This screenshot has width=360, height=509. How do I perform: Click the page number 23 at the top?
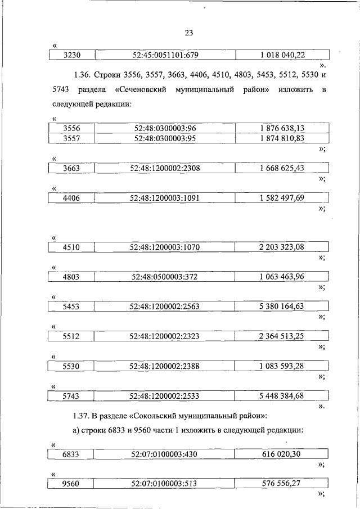(188, 32)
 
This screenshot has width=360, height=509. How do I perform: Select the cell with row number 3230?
(71, 55)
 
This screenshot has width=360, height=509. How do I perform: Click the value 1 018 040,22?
(282, 55)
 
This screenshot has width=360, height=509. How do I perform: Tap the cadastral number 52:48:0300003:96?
(165, 128)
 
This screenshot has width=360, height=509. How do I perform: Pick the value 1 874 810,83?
(282, 138)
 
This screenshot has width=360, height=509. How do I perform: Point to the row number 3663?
(71, 168)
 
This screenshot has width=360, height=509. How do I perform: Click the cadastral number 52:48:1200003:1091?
(165, 197)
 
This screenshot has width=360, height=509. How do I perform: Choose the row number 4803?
(71, 276)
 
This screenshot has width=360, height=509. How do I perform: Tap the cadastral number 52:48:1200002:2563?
(165, 306)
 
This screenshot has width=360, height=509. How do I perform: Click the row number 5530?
(71, 366)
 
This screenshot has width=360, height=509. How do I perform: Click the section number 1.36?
(81, 75)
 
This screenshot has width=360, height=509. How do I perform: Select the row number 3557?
(71, 138)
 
